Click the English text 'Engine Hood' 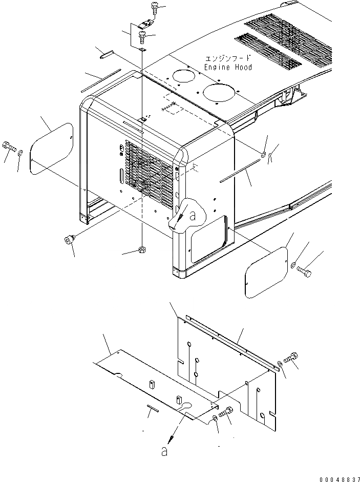[x=228, y=67]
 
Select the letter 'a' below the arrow [x=164, y=452]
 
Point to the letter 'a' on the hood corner [x=193, y=216]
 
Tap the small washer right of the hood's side [x=263, y=155]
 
